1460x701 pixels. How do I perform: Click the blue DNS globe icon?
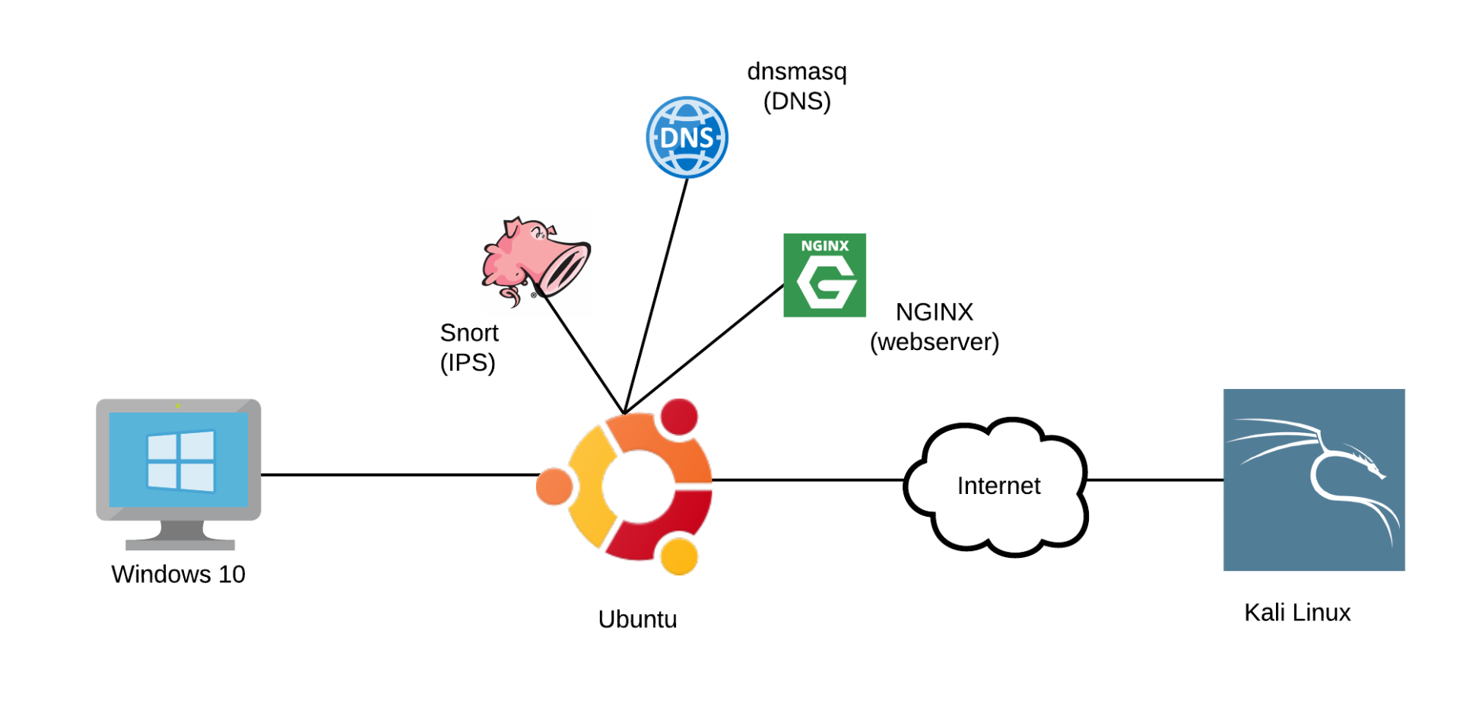coord(687,137)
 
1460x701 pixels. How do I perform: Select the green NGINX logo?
coord(824,275)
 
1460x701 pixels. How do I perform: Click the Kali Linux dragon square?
coord(1313,480)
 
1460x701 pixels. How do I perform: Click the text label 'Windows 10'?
coord(179,574)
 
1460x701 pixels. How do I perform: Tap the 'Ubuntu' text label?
coord(637,619)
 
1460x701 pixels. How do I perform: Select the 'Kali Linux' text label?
coord(1297,612)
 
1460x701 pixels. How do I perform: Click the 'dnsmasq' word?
coord(797,72)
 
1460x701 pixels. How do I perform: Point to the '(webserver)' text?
coord(935,342)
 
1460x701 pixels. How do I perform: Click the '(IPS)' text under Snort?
coord(468,362)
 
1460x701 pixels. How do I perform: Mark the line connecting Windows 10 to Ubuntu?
coord(400,475)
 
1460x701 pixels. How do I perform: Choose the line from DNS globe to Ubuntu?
coord(655,296)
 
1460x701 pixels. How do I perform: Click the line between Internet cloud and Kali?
coord(1155,480)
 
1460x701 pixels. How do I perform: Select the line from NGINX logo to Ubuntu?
coord(703,349)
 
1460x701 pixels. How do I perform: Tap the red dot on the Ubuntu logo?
coord(679,417)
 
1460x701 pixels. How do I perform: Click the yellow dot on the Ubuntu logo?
coord(679,556)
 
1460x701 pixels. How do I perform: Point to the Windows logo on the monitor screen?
coord(181,461)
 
